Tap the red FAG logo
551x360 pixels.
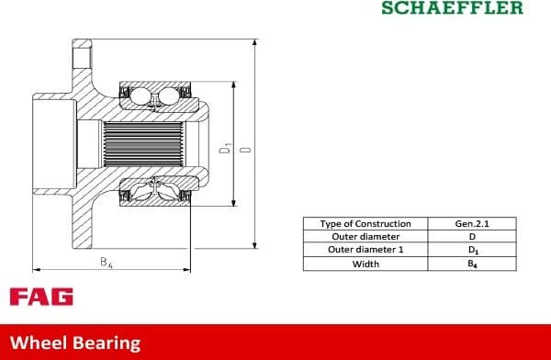(41, 298)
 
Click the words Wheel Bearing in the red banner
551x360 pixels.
(75, 343)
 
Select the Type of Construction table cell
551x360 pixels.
(365, 224)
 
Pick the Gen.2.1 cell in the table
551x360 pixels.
(472, 224)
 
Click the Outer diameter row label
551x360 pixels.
(365, 237)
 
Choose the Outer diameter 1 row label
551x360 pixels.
(365, 250)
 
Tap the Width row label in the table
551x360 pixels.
(365, 264)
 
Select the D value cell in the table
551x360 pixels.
(472, 237)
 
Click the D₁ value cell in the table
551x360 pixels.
(472, 250)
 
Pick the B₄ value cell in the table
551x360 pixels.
(472, 264)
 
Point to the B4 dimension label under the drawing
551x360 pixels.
(107, 263)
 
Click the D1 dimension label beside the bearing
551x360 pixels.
(224, 148)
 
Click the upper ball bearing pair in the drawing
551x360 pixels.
(153, 96)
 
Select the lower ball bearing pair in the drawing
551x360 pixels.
(153, 189)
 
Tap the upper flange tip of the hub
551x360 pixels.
(83, 46)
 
